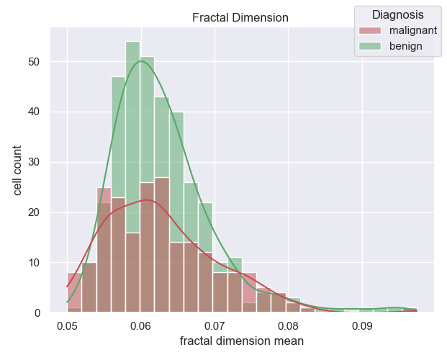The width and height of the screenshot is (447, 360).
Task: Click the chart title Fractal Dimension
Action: pos(242,18)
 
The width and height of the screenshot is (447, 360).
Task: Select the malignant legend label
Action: pos(412,31)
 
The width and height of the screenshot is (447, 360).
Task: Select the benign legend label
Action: pos(406,47)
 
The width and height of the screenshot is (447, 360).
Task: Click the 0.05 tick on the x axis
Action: pos(68,325)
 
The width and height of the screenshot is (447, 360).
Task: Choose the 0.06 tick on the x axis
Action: pos(142,325)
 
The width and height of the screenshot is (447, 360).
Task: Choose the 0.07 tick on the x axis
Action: pos(215,325)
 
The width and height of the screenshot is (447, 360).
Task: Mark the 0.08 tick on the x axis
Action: pos(289,325)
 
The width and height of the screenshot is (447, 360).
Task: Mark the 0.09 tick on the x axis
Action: pos(362,325)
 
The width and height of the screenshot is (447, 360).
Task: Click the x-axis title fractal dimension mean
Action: pos(242,341)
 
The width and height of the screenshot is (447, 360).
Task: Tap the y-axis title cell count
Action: pos(17,170)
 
